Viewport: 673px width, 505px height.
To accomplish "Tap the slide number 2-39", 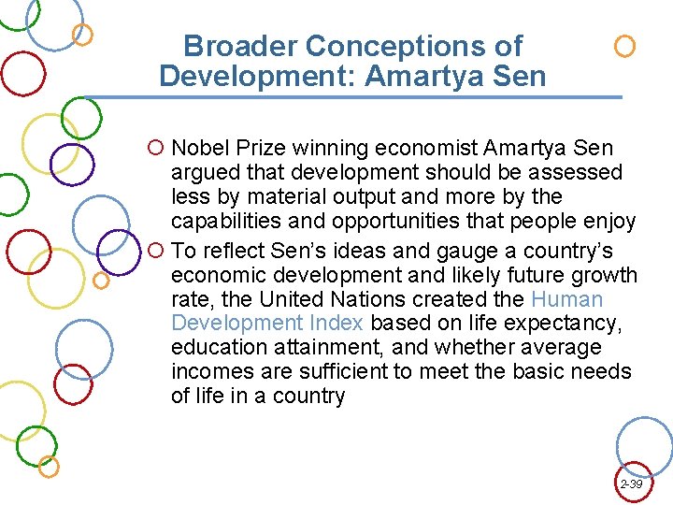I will pos(631,484).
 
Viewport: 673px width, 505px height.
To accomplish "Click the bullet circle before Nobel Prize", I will pos(156,149).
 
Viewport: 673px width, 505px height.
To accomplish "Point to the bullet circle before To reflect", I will pos(156,252).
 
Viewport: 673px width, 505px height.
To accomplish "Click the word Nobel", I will pos(198,148).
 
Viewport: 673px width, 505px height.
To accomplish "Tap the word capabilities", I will pos(220,222).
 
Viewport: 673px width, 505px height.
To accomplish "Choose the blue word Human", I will pos(566,299).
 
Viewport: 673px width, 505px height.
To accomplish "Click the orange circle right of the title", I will pos(624,46).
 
